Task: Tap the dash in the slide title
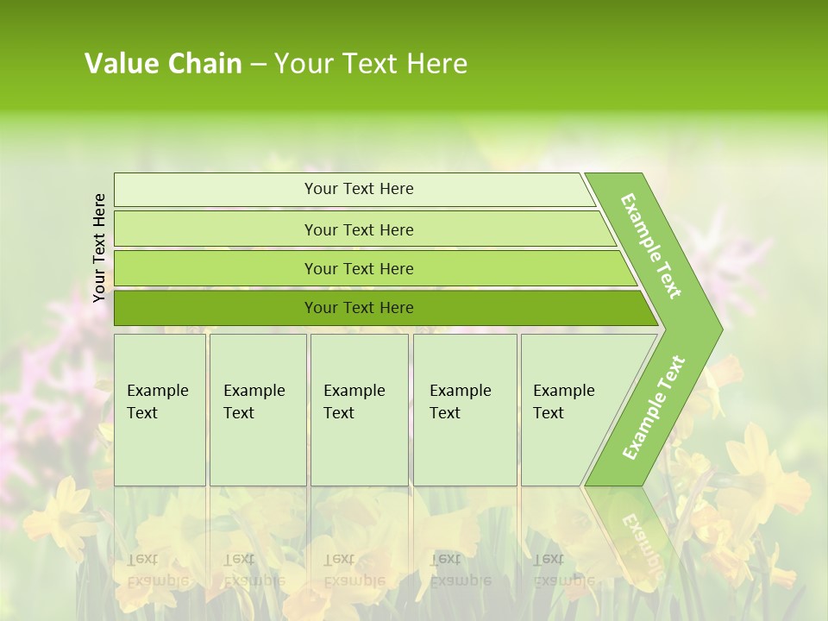point(258,64)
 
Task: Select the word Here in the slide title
point(436,63)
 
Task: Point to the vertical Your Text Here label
point(99,248)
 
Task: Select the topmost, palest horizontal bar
point(216,190)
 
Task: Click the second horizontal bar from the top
point(216,229)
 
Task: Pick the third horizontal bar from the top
point(216,268)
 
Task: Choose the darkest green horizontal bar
point(216,308)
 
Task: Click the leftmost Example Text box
point(160,410)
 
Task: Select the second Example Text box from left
point(257,410)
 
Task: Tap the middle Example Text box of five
point(359,410)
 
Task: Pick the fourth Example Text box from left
point(464,410)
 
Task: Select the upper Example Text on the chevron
point(651,246)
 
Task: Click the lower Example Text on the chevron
point(654,407)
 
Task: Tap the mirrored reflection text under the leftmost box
point(159,570)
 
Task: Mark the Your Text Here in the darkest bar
point(359,308)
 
